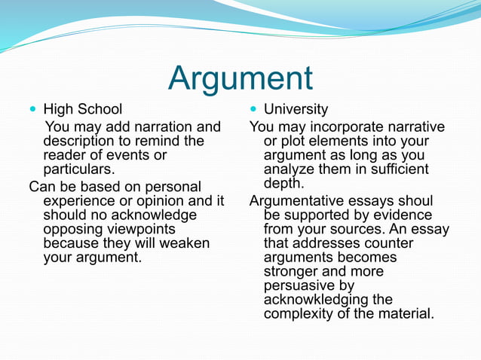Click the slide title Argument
click(x=240, y=78)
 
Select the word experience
click(x=78, y=200)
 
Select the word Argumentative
click(x=306, y=201)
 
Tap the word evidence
click(x=409, y=215)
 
